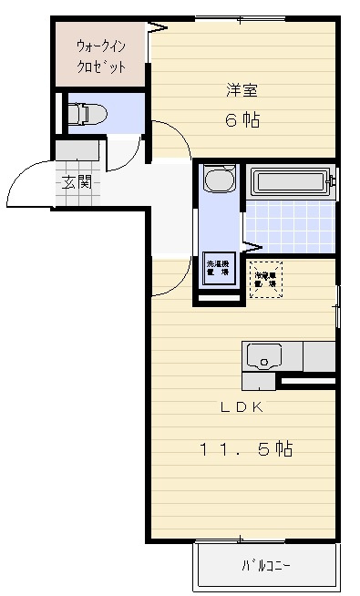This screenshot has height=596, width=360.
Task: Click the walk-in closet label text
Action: coord(100,54)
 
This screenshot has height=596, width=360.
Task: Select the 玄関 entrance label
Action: coord(77,181)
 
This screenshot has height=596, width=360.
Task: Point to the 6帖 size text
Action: coord(242,120)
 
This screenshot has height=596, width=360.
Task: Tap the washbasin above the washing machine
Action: coord(219,180)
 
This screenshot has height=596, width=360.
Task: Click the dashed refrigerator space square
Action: coord(266,278)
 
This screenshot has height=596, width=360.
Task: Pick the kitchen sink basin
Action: coord(264,355)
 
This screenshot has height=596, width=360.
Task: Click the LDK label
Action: coord(241,406)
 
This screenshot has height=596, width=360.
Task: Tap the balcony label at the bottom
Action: coord(265,566)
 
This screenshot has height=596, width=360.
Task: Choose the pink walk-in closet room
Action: coord(100,55)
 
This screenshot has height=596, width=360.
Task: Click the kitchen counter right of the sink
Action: coord(319,355)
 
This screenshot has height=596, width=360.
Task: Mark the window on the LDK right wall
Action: coord(337,306)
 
